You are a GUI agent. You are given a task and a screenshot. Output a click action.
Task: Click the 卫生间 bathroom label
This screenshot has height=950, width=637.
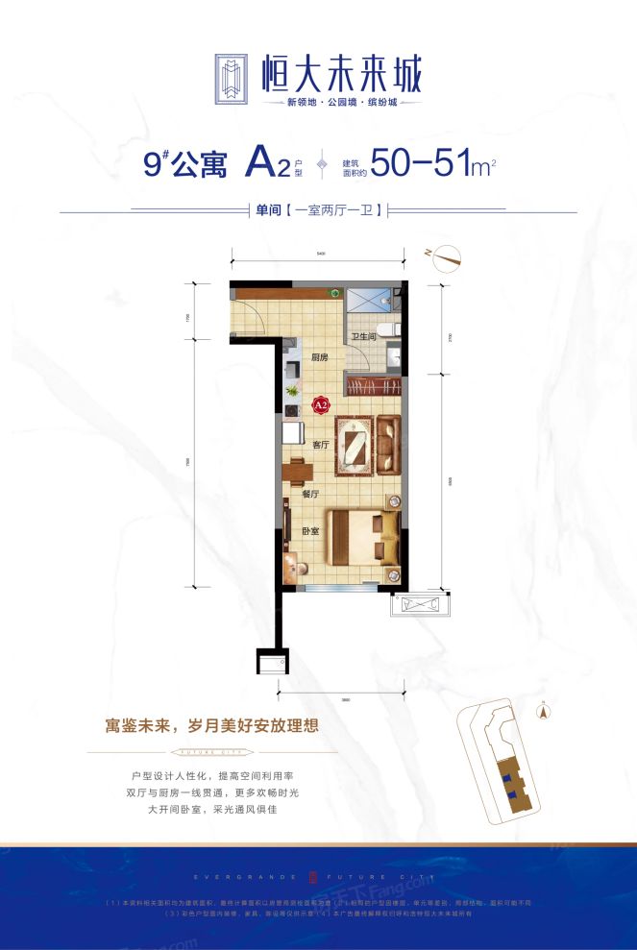pos(362,337)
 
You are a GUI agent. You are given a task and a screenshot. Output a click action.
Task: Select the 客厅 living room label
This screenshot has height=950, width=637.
pos(321,445)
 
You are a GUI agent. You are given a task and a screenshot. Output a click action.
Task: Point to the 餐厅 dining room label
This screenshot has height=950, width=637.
pos(309,493)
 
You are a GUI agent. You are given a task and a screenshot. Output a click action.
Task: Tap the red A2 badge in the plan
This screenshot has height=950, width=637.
pos(322,406)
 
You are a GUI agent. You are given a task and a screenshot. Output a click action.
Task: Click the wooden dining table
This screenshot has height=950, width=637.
pos(294,472)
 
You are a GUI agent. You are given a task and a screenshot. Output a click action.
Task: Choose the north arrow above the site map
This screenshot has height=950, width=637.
pos(543,712)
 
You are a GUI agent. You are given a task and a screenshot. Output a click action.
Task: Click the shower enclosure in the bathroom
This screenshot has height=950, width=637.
pos(363,301)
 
